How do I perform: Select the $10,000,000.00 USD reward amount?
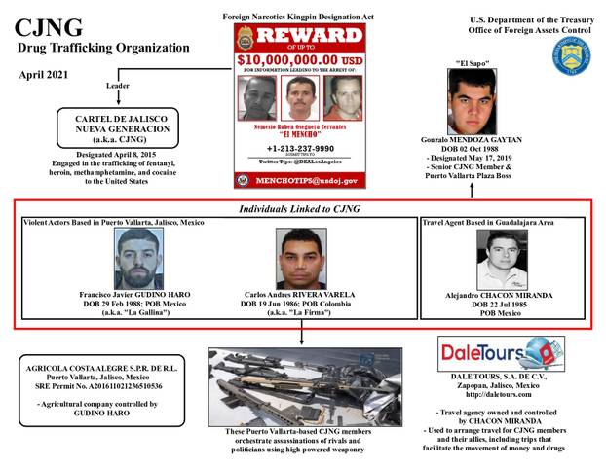click(300, 58)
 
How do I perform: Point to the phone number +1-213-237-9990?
click(301, 149)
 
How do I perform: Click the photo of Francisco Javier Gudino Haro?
click(143, 258)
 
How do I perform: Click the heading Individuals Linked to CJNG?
click(304, 209)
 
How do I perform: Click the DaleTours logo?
click(494, 351)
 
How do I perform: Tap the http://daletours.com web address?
click(495, 396)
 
